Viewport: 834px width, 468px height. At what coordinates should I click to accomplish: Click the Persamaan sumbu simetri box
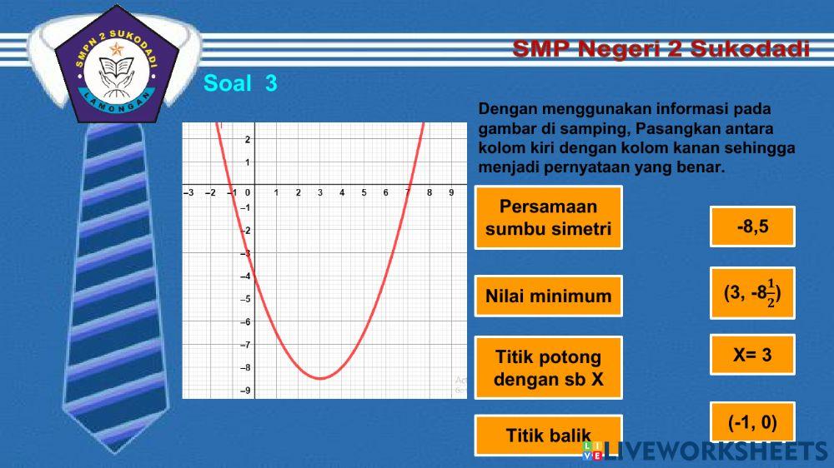pyautogui.click(x=549, y=218)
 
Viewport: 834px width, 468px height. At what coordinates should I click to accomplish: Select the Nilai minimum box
pyautogui.click(x=549, y=296)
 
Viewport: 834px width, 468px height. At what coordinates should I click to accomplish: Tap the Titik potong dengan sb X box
pyautogui.click(x=549, y=369)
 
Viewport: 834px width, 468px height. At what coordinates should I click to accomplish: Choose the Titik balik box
pyautogui.click(x=549, y=435)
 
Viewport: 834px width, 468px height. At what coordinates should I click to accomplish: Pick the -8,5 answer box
pyautogui.click(x=752, y=227)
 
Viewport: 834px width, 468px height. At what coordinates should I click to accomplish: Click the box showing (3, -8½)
pyautogui.click(x=752, y=293)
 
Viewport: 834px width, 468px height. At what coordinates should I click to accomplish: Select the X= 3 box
pyautogui.click(x=752, y=355)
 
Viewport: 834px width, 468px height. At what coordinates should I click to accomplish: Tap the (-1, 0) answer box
pyautogui.click(x=752, y=422)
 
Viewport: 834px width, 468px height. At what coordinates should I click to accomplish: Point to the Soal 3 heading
pyautogui.click(x=240, y=83)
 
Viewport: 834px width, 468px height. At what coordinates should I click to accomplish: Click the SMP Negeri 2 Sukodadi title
pyautogui.click(x=661, y=48)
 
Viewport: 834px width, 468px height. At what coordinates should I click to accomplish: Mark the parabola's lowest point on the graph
pyautogui.click(x=320, y=378)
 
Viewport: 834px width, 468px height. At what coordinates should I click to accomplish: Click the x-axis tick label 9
pyautogui.click(x=451, y=192)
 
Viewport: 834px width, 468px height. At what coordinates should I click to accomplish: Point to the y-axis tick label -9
pyautogui.click(x=244, y=390)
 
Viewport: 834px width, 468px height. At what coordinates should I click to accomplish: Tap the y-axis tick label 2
pyautogui.click(x=247, y=139)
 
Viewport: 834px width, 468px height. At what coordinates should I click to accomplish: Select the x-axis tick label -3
pyautogui.click(x=188, y=192)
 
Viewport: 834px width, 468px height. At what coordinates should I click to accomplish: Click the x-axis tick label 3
pyautogui.click(x=320, y=192)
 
